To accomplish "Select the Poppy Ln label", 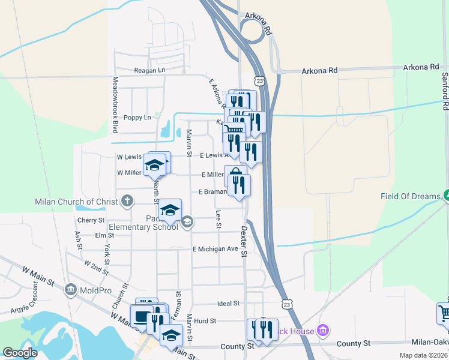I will pyautogui.click(x=137, y=118).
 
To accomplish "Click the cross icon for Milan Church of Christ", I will pyautogui.click(x=127, y=200).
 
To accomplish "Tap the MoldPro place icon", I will pyautogui.click(x=71, y=290).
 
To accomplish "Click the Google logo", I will pyautogui.click(x=20, y=352).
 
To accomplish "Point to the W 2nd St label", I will pyautogui.click(x=96, y=268).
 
